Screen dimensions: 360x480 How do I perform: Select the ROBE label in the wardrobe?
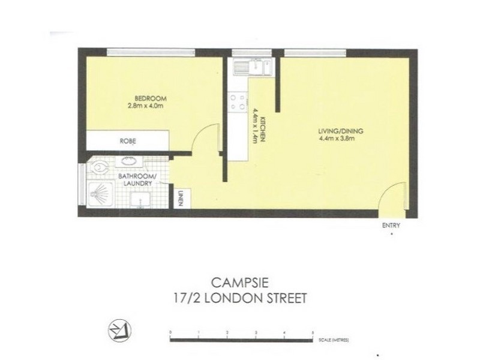(127, 142)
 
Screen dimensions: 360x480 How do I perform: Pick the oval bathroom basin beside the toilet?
(129, 160)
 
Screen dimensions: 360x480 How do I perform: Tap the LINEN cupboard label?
(179, 197)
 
